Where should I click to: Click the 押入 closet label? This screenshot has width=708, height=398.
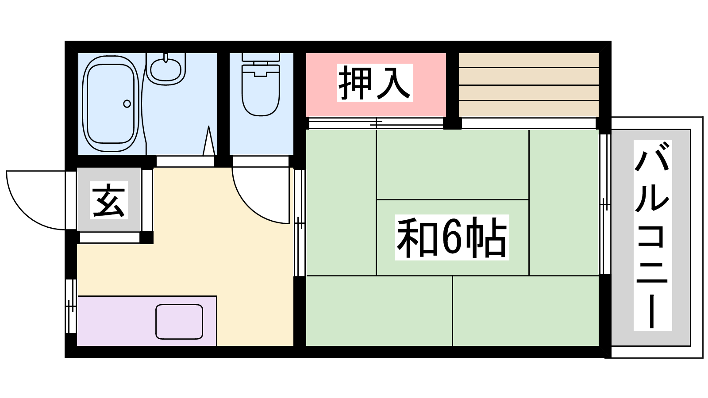click(375, 83)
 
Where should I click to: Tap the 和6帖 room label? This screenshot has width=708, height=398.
click(452, 237)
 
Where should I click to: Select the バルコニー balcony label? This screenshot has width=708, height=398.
click(652, 235)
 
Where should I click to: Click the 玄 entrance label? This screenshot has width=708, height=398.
click(109, 200)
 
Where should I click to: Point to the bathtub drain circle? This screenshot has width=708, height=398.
click(127, 103)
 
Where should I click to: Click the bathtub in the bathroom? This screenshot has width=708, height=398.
click(111, 103)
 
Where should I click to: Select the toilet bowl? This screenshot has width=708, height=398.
click(261, 90)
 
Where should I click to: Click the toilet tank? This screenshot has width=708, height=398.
click(261, 57)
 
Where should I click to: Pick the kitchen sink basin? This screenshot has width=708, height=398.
click(179, 321)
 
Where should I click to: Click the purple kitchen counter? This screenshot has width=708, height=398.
click(147, 321)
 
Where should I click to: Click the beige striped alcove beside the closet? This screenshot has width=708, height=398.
click(529, 84)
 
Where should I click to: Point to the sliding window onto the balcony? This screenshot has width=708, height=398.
click(605, 204)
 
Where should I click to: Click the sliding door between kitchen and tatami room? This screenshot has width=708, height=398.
click(300, 223)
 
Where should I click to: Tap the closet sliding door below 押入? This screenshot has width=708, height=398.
click(376, 123)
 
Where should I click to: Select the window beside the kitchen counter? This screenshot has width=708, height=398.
click(71, 306)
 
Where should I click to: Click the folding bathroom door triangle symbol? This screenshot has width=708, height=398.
click(208, 141)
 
